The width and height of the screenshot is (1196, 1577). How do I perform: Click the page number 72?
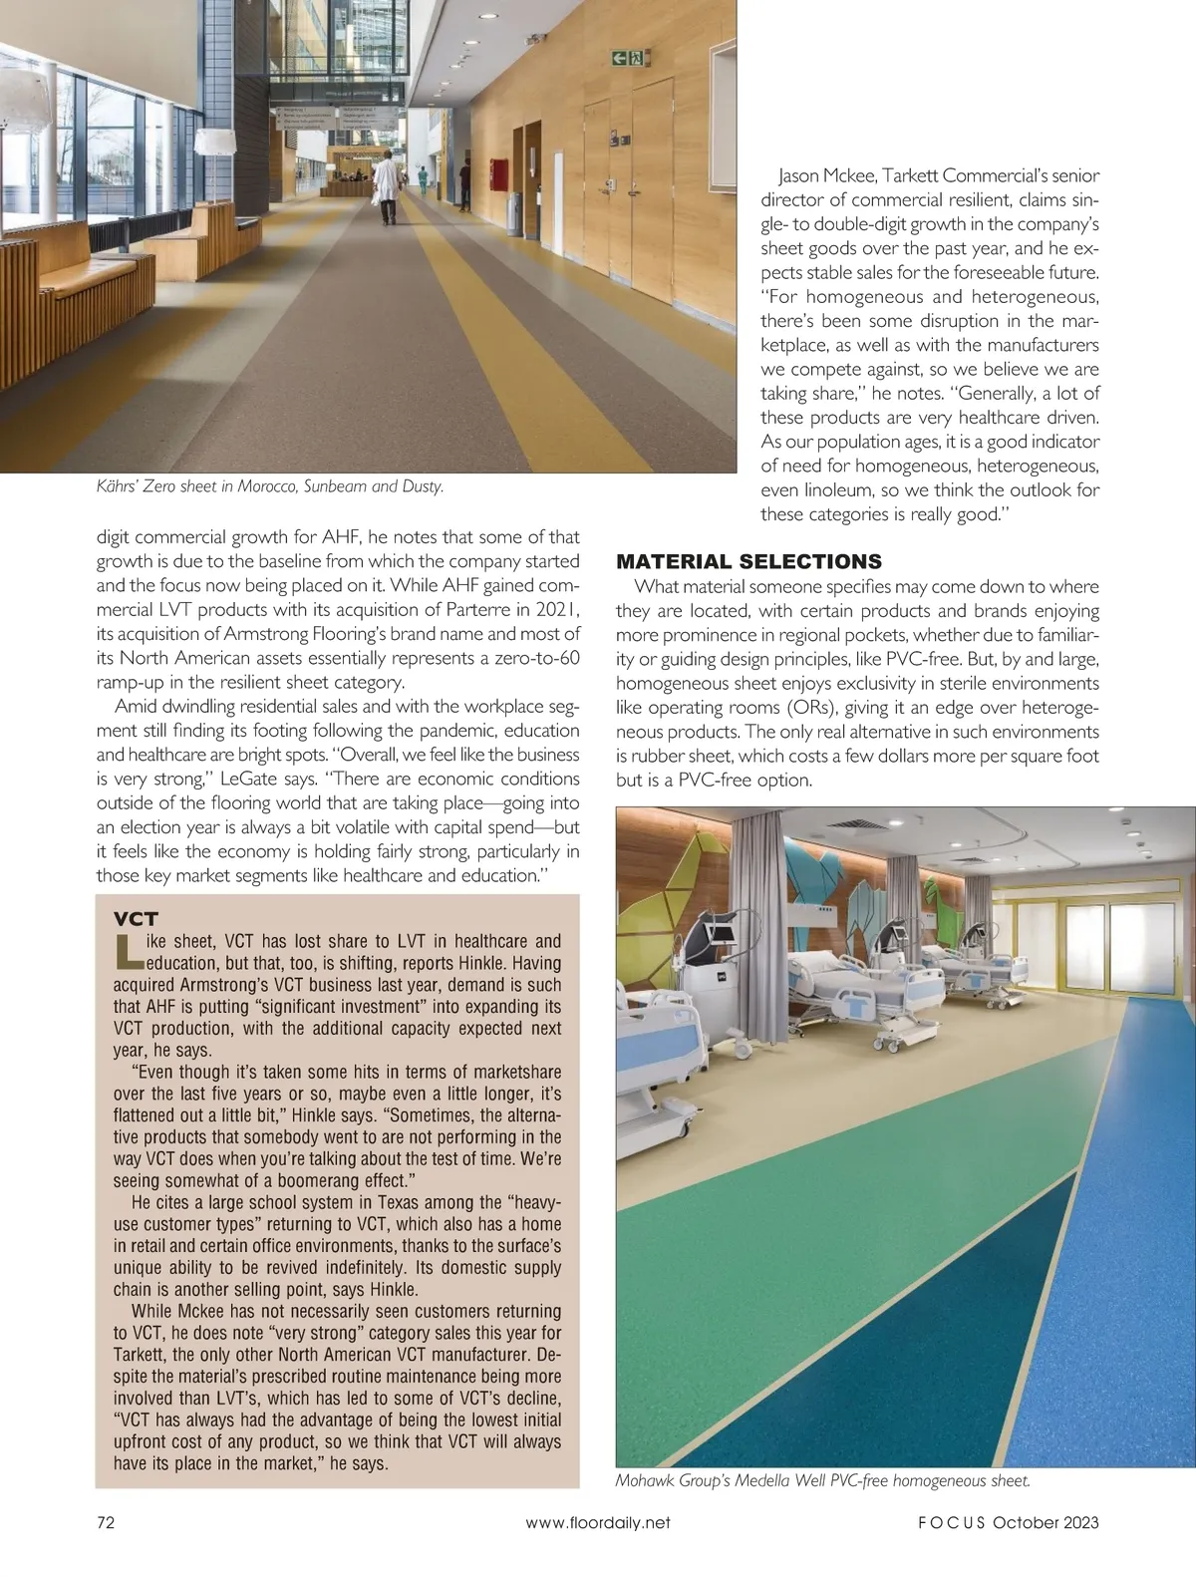pyautogui.click(x=105, y=1522)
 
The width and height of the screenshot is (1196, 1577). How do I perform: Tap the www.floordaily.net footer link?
pyautogui.click(x=597, y=1522)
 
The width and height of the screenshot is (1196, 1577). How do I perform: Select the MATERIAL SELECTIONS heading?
pyautogui.click(x=748, y=561)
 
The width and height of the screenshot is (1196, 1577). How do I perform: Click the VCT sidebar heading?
pyautogui.click(x=137, y=918)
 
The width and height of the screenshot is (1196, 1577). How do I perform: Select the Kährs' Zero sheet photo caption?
pyautogui.click(x=270, y=486)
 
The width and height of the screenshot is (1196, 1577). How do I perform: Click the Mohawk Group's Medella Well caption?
pyautogui.click(x=822, y=1480)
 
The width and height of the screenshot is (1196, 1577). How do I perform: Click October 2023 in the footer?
pyautogui.click(x=1046, y=1522)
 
